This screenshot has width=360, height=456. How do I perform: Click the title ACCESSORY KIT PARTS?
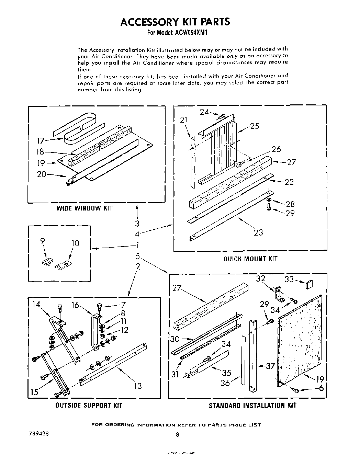pyautogui.click(x=175, y=22)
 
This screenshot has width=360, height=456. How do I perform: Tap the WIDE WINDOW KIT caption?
pyautogui.click(x=85, y=208)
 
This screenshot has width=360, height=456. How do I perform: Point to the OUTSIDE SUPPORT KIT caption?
pyautogui.click(x=89, y=406)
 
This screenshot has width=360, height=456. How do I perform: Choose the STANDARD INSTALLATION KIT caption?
pyautogui.click(x=252, y=406)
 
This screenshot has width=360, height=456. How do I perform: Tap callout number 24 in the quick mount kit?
pyautogui.click(x=204, y=112)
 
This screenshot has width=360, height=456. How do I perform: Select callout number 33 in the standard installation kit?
pyautogui.click(x=289, y=280)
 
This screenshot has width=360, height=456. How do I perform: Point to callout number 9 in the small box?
pyautogui.click(x=43, y=241)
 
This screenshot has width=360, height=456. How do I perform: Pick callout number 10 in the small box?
pyautogui.click(x=75, y=243)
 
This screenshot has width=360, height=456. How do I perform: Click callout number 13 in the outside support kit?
pyautogui.click(x=137, y=386)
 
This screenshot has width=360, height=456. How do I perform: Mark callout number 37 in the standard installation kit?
pyautogui.click(x=271, y=366)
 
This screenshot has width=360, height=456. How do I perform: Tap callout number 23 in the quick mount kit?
pyautogui.click(x=258, y=232)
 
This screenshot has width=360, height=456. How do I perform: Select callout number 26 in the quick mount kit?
pyautogui.click(x=276, y=149)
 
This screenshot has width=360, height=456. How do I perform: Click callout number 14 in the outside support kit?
pyautogui.click(x=37, y=304)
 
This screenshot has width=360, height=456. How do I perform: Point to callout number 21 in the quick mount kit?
pyautogui.click(x=184, y=120)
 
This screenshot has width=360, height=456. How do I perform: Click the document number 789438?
pyautogui.click(x=39, y=433)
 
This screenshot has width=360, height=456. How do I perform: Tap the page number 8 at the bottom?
pyautogui.click(x=177, y=434)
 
